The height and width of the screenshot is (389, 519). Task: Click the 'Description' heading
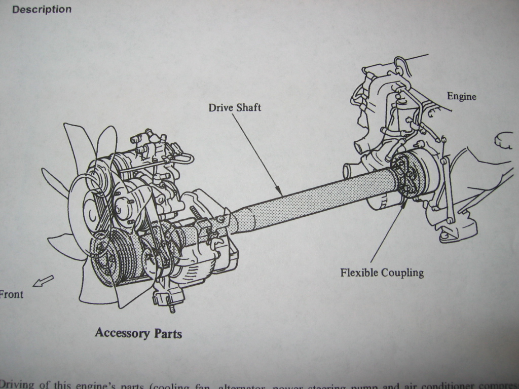pos(42,9)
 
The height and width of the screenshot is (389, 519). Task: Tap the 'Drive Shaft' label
pos(235,107)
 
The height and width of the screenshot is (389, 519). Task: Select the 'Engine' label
pos(461,96)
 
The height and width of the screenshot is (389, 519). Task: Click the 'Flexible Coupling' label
pos(382,273)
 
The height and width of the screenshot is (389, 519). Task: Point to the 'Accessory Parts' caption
pos(138,333)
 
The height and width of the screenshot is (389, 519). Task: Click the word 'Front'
pos(11,294)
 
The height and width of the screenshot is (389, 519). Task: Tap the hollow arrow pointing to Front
pos(43,281)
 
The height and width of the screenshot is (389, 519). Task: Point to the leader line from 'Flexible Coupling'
pos(388,230)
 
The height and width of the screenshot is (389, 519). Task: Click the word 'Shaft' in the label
pos(248,107)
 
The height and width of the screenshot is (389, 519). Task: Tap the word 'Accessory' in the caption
pos(121,333)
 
